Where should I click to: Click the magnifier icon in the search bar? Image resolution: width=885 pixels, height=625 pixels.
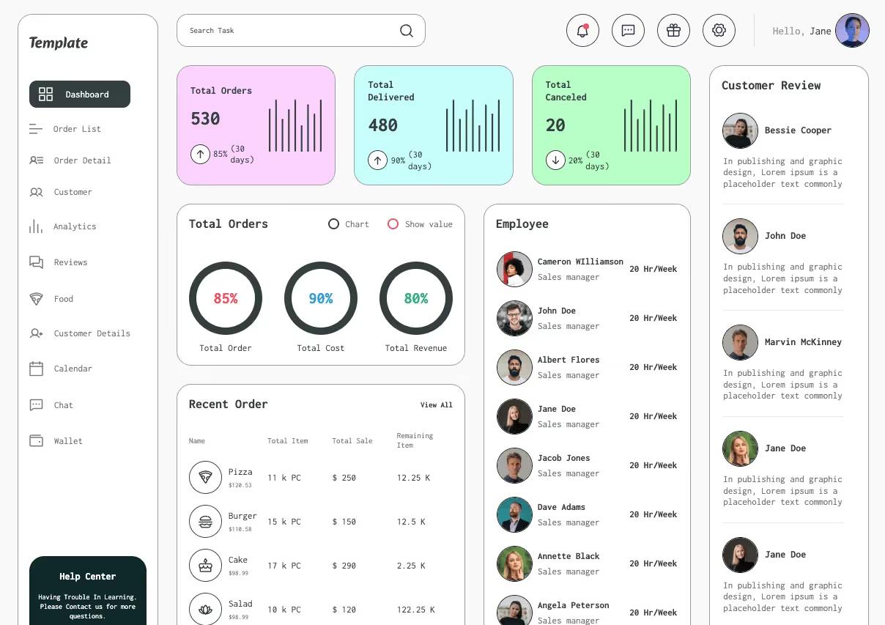[x=407, y=31]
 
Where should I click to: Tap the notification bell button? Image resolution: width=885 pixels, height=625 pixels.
[x=582, y=31]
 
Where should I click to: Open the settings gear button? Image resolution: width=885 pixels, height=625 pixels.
[x=719, y=31]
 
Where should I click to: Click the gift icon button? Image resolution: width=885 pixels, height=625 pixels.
[x=673, y=31]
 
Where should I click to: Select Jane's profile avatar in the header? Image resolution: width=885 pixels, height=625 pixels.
[x=852, y=31]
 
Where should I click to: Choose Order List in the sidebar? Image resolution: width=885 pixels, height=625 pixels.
[x=77, y=129]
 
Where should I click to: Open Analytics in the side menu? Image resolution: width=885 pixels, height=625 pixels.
[x=75, y=226]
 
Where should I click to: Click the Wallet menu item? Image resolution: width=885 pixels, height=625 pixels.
[x=68, y=441]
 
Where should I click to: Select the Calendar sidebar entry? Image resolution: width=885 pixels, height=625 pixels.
[x=73, y=369]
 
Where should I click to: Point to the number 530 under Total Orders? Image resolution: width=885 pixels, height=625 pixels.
[x=205, y=119]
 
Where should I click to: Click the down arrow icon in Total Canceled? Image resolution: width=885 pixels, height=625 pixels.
[x=555, y=160]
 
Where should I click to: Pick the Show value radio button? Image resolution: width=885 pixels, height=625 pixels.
[x=393, y=224]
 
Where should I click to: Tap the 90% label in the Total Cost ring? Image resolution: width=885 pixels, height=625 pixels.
[x=321, y=298]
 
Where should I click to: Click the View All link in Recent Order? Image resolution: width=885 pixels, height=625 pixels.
[x=436, y=405]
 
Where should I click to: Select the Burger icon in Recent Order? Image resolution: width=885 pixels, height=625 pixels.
[x=205, y=522]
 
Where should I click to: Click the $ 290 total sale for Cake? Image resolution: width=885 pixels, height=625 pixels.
[x=344, y=566]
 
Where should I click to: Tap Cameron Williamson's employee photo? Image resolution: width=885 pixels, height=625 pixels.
[x=514, y=269]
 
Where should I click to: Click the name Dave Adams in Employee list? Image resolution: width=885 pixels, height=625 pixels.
[x=561, y=507]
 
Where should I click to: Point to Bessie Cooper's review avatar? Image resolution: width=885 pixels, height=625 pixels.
[x=740, y=131]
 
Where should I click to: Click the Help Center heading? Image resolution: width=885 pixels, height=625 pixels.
[x=87, y=577]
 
